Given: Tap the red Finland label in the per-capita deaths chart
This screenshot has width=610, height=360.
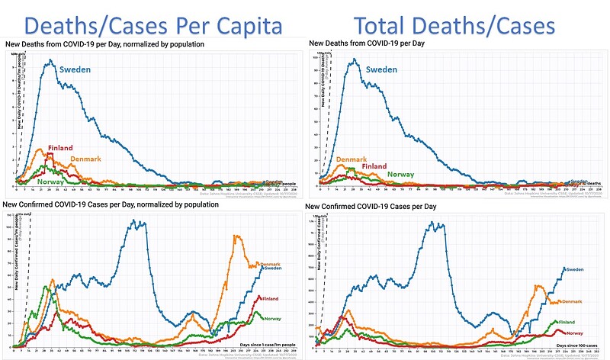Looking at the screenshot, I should [x=60, y=148].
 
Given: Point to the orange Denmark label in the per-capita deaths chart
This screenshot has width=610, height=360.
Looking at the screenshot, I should [x=86, y=159].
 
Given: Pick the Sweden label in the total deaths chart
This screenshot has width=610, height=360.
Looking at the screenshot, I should [x=382, y=70].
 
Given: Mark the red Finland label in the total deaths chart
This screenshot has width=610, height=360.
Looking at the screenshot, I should [x=374, y=166].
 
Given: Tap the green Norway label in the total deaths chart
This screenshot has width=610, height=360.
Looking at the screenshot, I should [x=400, y=175].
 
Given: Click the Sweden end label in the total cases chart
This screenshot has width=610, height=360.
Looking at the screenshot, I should [x=576, y=269].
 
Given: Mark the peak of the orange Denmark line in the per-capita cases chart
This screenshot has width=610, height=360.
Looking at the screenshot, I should [x=236, y=236].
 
